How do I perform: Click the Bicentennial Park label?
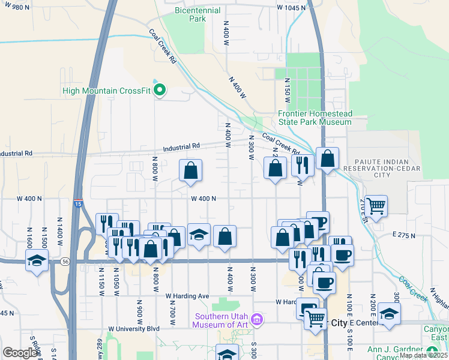pyautogui.click(x=190, y=14)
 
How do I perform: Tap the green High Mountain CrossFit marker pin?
pyautogui.click(x=160, y=91)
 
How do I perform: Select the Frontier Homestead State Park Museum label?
pyautogui.click(x=315, y=118)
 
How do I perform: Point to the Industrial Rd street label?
pyautogui.click(x=182, y=146)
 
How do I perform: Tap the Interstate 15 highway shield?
pyautogui.click(x=78, y=203)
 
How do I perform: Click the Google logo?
pyautogui.click(x=20, y=353)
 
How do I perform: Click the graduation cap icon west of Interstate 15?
pyautogui.click(x=37, y=261)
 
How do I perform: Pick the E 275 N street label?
pyautogui.click(x=403, y=235)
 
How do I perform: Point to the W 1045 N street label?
pyautogui.click(x=291, y=8)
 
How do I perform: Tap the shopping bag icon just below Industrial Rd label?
pyautogui.click(x=190, y=170)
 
